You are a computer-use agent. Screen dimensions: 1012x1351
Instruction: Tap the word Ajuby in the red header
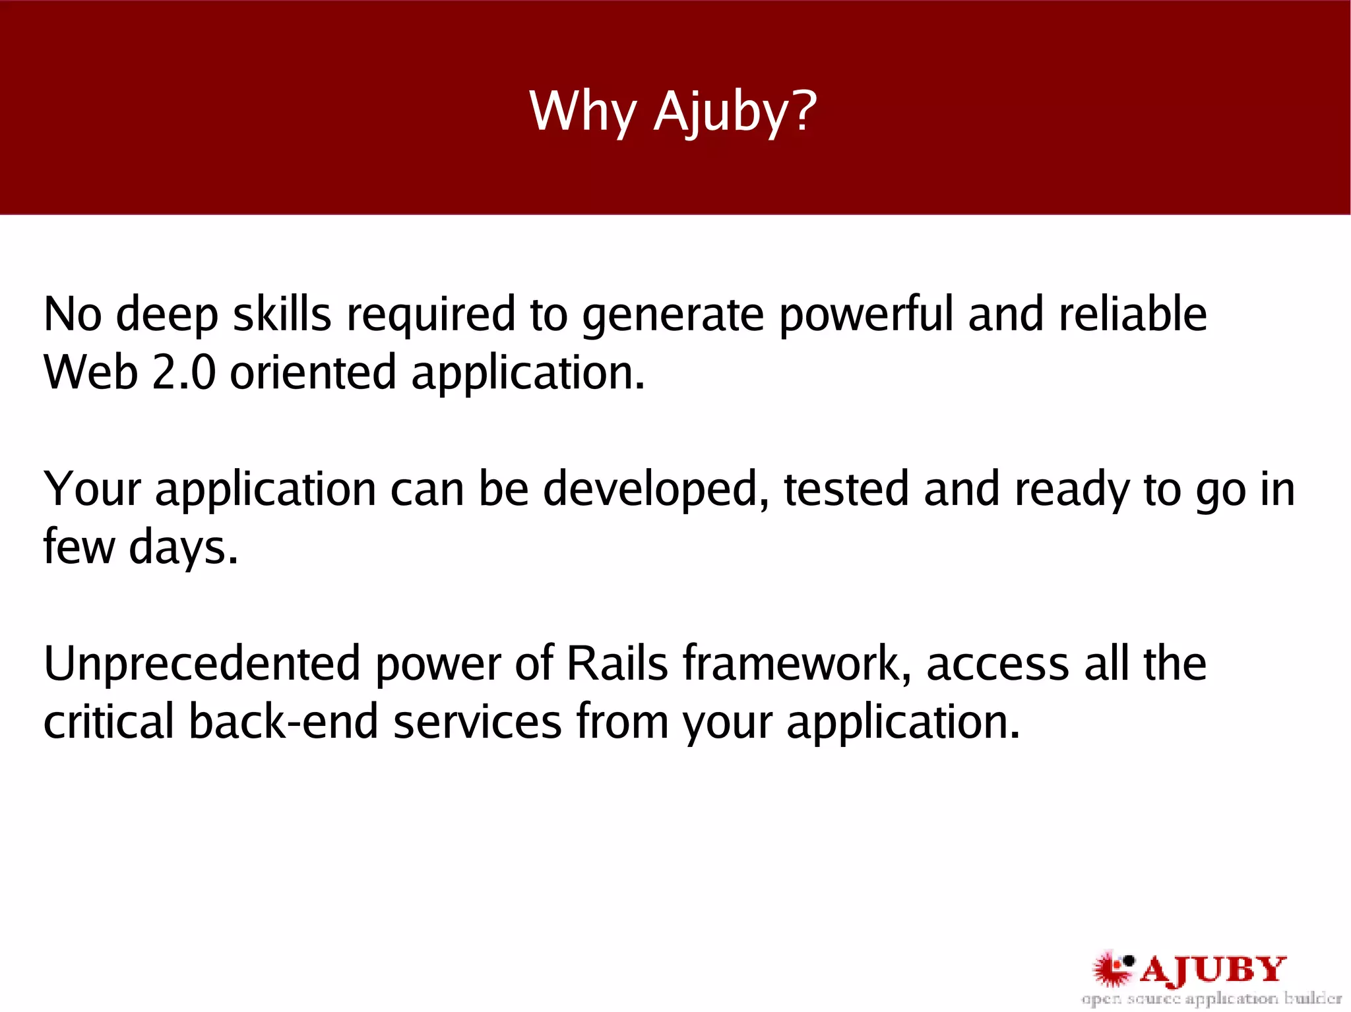[719, 112]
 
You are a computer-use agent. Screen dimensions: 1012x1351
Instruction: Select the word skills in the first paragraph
[282, 314]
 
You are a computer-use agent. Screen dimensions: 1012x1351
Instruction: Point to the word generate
[672, 316]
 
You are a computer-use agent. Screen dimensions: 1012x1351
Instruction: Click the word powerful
[865, 314]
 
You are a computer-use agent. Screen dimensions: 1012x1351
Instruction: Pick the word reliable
[1132, 314]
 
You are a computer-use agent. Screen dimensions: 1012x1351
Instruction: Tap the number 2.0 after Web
[183, 372]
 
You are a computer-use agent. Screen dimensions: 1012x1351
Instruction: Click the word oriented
[313, 372]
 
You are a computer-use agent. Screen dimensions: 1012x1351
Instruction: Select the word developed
[656, 490]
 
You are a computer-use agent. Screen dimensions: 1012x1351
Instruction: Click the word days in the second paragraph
[183, 548]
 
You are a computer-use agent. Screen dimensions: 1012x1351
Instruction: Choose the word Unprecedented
[201, 664]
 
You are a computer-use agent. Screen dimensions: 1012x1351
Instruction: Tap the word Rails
[617, 664]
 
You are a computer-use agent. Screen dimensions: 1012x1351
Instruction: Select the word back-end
[283, 722]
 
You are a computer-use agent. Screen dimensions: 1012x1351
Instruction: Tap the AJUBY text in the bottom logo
[1212, 970]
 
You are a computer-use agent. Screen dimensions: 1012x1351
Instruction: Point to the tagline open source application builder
[1211, 999]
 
